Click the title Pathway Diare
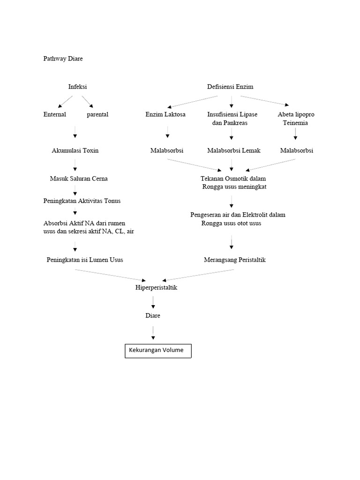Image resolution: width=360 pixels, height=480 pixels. [63, 59]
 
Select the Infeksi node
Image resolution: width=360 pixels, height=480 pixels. [77, 87]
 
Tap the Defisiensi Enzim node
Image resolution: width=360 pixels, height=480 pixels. [230, 87]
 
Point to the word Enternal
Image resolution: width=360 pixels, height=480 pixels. [55, 114]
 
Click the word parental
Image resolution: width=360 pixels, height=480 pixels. [97, 114]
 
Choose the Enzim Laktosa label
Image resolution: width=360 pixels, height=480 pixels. [165, 114]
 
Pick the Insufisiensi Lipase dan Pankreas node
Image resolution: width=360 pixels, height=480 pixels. [232, 119]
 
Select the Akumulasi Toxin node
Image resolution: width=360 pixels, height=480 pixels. [75, 150]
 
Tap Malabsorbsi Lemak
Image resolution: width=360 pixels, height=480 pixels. [233, 150]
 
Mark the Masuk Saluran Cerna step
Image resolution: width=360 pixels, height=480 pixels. [79, 179]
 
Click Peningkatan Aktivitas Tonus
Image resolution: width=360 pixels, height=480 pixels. [82, 201]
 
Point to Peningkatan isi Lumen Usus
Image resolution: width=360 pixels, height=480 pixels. [85, 260]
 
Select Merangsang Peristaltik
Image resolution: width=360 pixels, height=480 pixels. [235, 260]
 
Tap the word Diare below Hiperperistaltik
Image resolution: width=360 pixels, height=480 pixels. [153, 315]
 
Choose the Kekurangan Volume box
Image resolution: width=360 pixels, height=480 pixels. [158, 350]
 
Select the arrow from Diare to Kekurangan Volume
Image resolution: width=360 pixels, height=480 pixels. [153, 332]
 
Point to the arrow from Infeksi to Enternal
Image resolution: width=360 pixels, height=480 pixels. [65, 101]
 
